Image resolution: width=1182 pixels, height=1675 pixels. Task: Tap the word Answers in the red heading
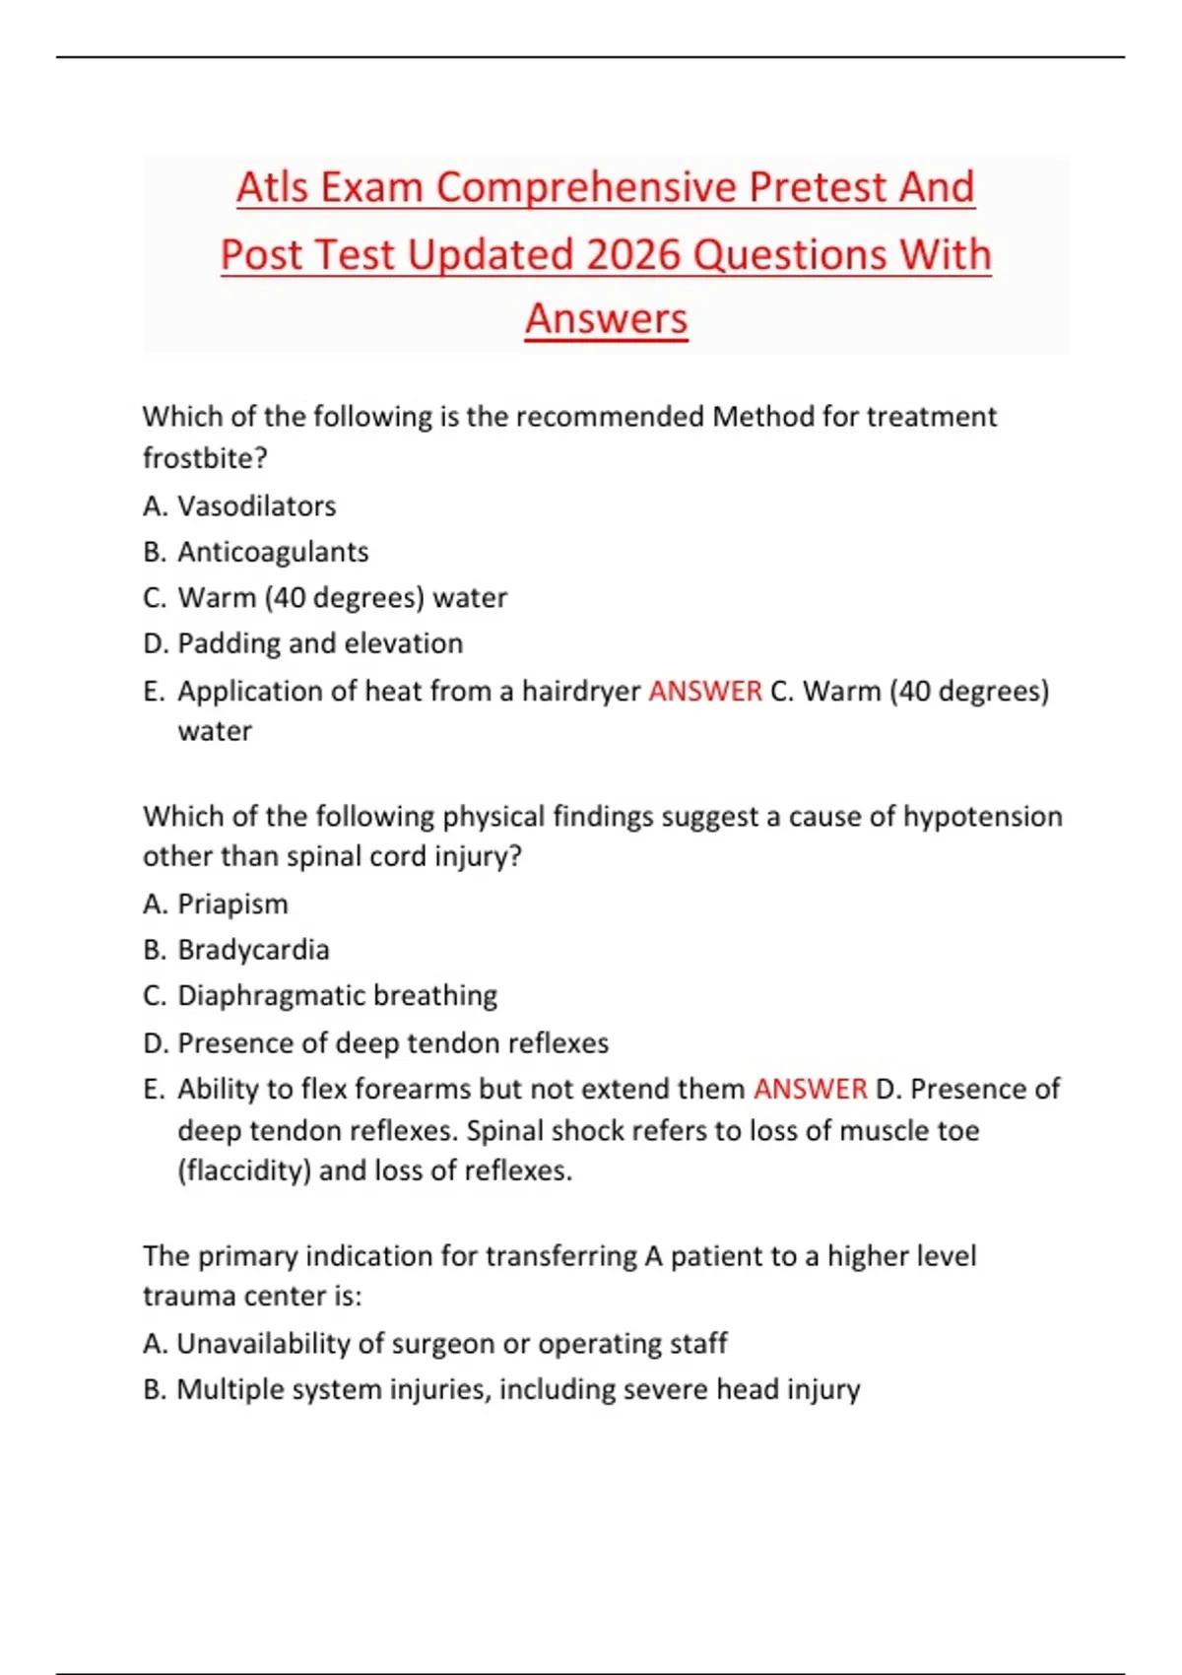coord(606,318)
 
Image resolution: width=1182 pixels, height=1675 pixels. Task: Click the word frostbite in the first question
coord(204,458)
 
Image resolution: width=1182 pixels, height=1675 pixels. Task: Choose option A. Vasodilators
coord(239,505)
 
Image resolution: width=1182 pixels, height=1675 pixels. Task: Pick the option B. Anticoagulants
coord(255,552)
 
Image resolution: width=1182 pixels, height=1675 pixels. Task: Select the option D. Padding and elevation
coord(302,643)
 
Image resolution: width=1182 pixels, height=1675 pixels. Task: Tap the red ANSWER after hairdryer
coord(705,691)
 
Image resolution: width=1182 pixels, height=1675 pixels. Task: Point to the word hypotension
coord(982,817)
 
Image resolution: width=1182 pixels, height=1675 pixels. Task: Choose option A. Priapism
coord(216,904)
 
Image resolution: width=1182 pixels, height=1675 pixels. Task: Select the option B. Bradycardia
coord(236,950)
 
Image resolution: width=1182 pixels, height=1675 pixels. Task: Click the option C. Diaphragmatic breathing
coord(320,995)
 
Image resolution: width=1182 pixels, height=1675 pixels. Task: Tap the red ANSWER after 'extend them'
coord(811,1089)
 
